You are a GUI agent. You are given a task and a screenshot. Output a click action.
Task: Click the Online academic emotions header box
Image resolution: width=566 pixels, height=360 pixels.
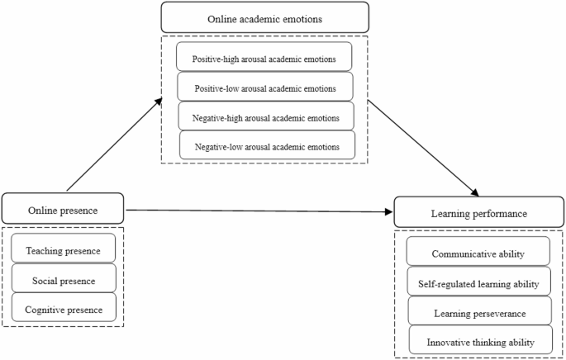click(x=264, y=17)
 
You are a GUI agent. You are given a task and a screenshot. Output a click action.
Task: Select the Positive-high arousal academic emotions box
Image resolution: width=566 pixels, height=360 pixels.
click(x=264, y=59)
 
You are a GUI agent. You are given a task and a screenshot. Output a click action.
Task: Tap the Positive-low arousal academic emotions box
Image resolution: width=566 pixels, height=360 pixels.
click(x=264, y=88)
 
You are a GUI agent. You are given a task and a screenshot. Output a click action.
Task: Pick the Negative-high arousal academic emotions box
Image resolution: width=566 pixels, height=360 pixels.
click(x=266, y=117)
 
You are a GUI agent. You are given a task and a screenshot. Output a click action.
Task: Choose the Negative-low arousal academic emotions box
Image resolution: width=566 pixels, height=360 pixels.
click(x=267, y=146)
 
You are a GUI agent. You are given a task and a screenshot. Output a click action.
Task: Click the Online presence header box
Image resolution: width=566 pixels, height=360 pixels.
click(x=62, y=210)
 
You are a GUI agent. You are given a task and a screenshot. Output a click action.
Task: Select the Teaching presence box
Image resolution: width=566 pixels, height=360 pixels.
click(x=64, y=250)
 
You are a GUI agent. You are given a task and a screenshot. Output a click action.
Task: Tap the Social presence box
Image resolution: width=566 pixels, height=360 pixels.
click(x=64, y=280)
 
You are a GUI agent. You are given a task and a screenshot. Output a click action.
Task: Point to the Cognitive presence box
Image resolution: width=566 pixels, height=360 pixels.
click(x=64, y=309)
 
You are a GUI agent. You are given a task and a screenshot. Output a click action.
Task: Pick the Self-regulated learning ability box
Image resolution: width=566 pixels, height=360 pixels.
click(x=479, y=283)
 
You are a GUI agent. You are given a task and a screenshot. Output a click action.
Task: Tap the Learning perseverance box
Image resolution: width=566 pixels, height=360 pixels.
click(x=479, y=313)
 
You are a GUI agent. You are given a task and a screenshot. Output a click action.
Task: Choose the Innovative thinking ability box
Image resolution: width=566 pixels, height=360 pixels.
click(x=479, y=341)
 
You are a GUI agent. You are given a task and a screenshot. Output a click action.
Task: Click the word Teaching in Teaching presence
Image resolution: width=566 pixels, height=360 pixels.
click(x=44, y=250)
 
